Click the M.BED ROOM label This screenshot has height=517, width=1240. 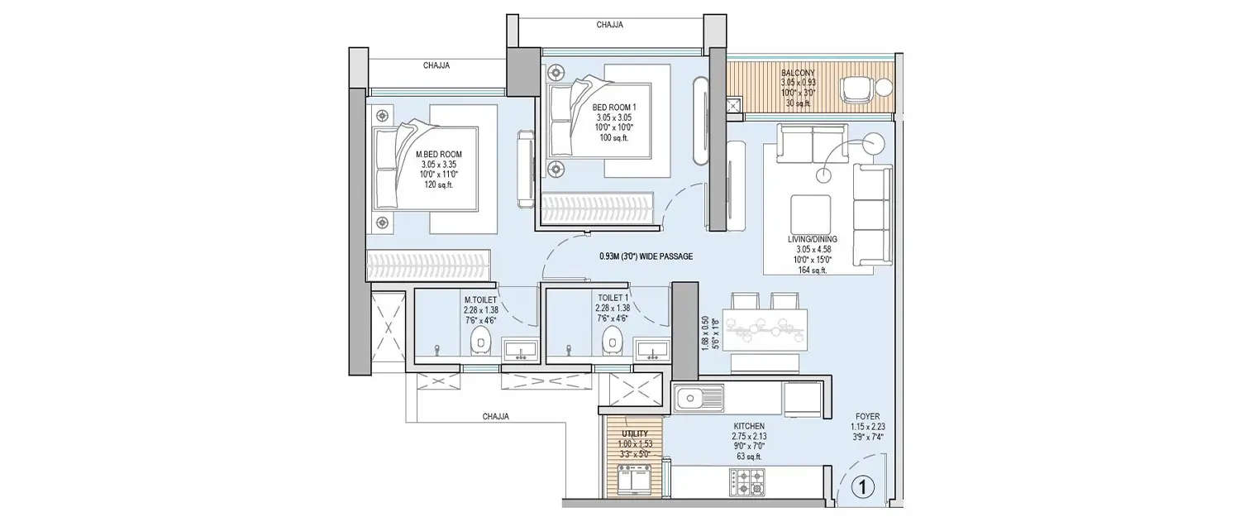tap(439, 155)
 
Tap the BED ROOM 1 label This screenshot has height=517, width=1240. tap(613, 108)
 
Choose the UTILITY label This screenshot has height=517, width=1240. tap(635, 433)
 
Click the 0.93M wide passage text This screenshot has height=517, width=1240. tap(646, 257)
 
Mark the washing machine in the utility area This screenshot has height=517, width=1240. tap(635, 480)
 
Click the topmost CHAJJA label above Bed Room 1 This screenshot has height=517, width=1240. tap(609, 25)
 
